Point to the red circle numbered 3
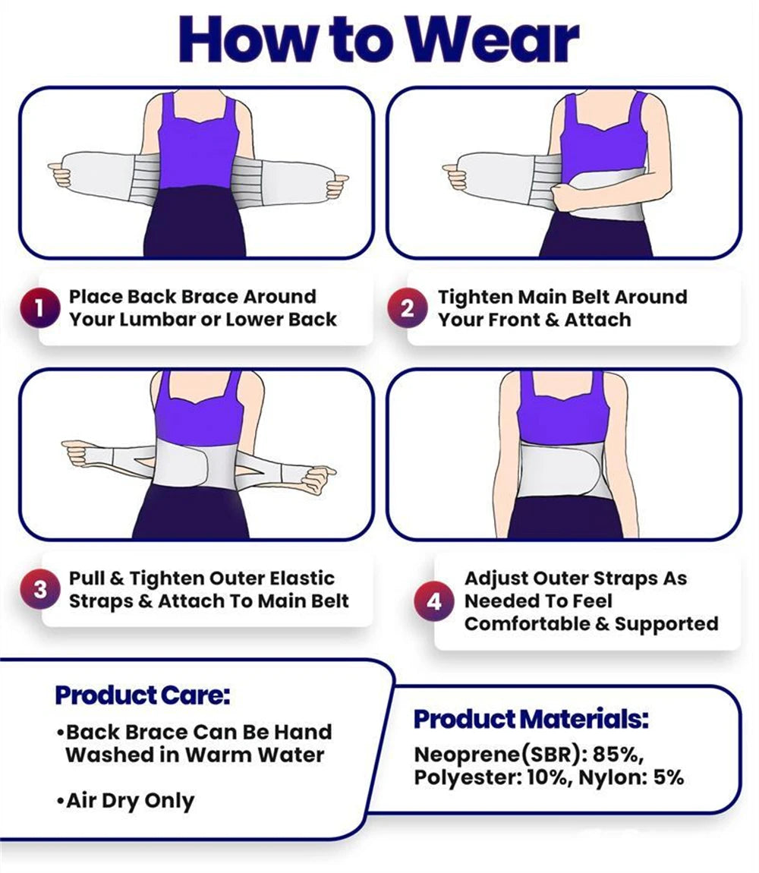click(40, 590)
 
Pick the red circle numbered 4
click(434, 601)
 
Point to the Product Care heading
click(142, 695)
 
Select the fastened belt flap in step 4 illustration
click(562, 471)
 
